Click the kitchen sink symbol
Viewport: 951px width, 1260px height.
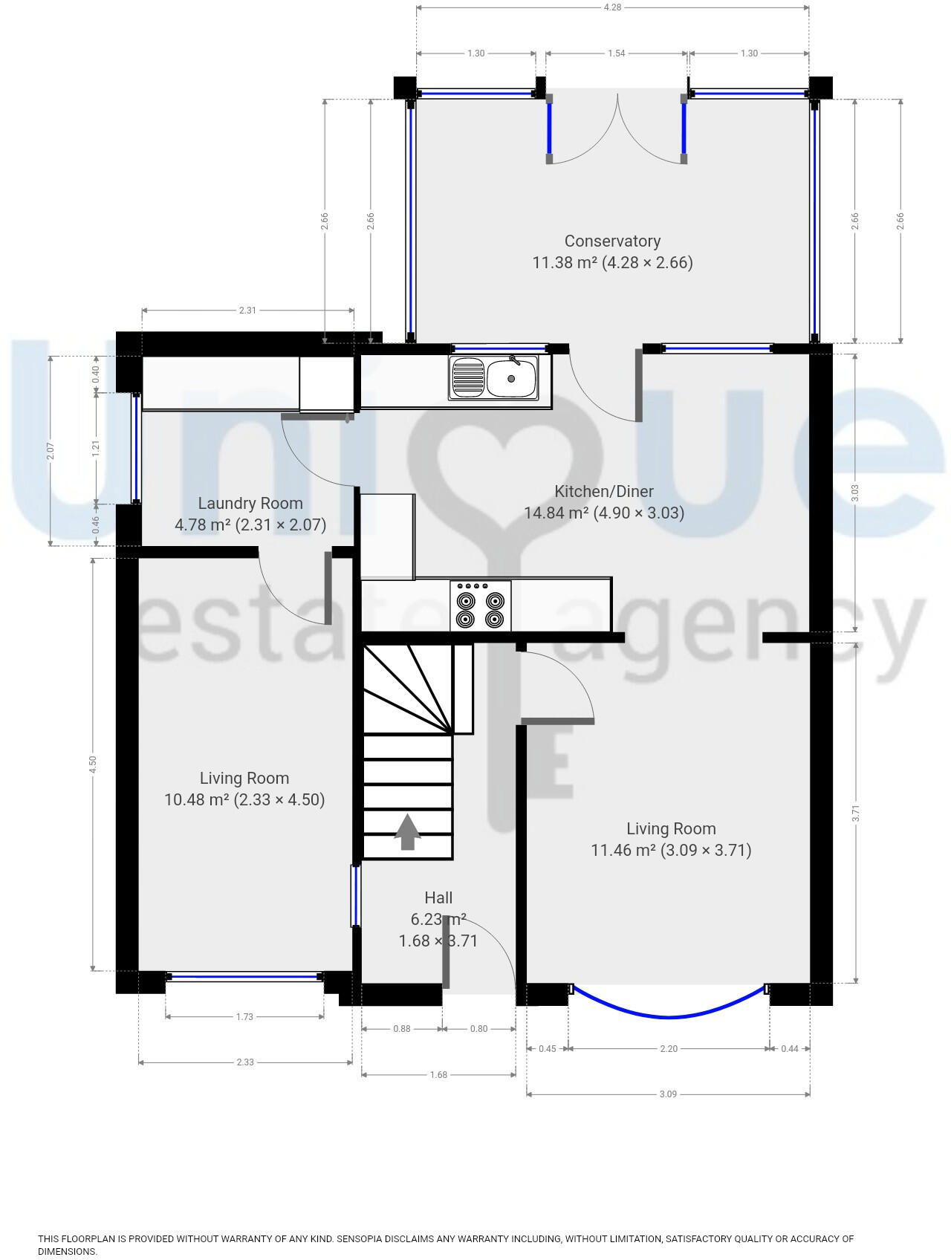(x=493, y=378)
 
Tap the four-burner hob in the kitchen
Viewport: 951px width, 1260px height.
(x=480, y=606)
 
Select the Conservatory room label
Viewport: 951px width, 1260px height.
(x=612, y=241)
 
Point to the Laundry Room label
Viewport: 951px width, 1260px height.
(x=250, y=504)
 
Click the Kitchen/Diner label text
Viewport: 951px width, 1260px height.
(x=604, y=491)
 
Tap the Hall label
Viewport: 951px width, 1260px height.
(x=438, y=897)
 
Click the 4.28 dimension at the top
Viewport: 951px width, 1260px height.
(x=612, y=7)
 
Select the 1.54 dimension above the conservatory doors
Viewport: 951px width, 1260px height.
(x=617, y=53)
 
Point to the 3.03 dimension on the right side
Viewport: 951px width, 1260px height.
(x=855, y=493)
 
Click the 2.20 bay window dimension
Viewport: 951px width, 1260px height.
(x=669, y=1049)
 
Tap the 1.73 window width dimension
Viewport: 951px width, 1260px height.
(x=244, y=1017)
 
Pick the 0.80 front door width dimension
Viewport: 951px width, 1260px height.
(x=479, y=1029)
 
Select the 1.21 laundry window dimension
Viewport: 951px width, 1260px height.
(x=96, y=448)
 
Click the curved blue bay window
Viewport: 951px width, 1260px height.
(x=669, y=1016)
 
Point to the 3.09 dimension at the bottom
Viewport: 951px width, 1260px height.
(x=668, y=1094)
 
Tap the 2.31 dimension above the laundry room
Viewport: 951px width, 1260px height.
(x=247, y=311)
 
